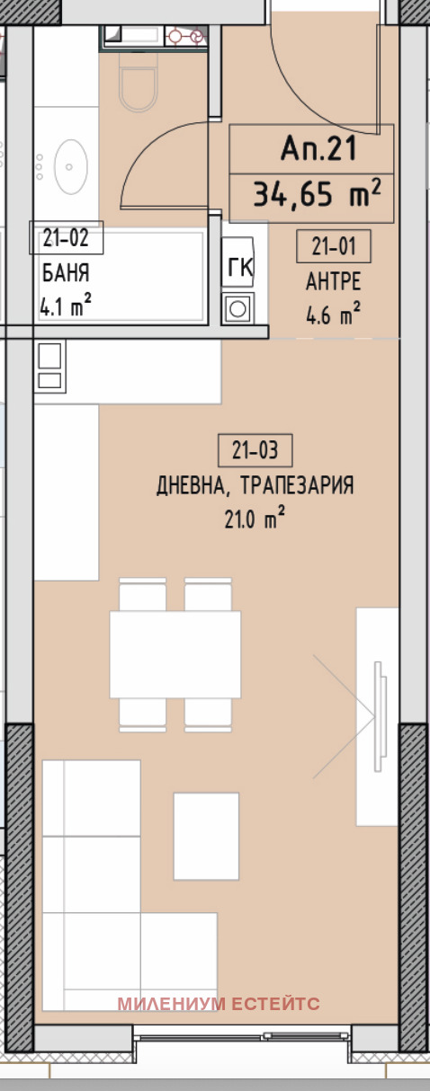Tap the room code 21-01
333,245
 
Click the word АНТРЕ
333,281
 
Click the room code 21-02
67,238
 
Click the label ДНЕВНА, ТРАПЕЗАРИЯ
255,486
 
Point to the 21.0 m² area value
255,519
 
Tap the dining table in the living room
175,654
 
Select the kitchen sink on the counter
49,368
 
